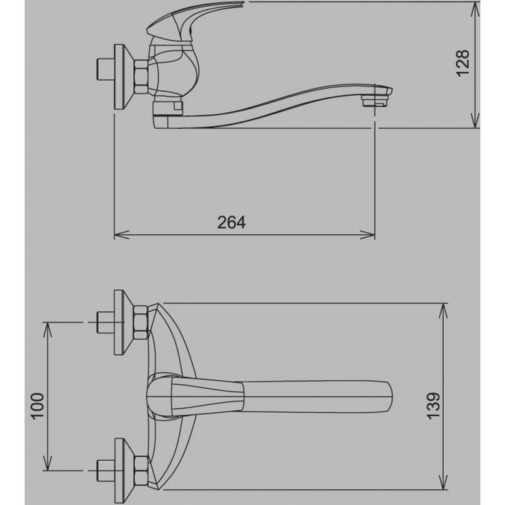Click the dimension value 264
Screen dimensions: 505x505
coord(231,222)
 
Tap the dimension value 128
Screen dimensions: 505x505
coord(463,63)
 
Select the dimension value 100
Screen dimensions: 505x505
coord(37,406)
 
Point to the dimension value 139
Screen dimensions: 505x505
coord(434,405)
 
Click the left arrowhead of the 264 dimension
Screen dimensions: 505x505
coord(121,234)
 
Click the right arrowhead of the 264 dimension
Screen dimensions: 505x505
coord(367,234)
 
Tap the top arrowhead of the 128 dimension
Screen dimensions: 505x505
coord(475,9)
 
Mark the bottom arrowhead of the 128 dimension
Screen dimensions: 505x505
coord(475,120)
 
